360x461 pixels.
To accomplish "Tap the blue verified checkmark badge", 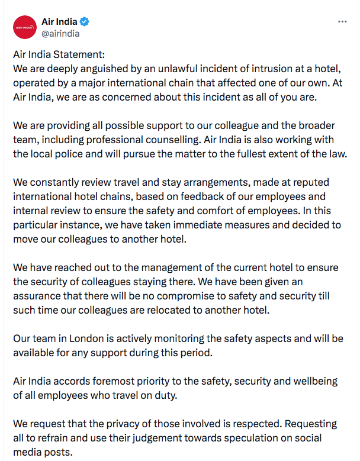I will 86,22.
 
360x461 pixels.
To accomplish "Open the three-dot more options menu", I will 342,21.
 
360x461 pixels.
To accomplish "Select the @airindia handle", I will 60,34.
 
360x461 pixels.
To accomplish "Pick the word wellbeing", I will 323,382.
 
